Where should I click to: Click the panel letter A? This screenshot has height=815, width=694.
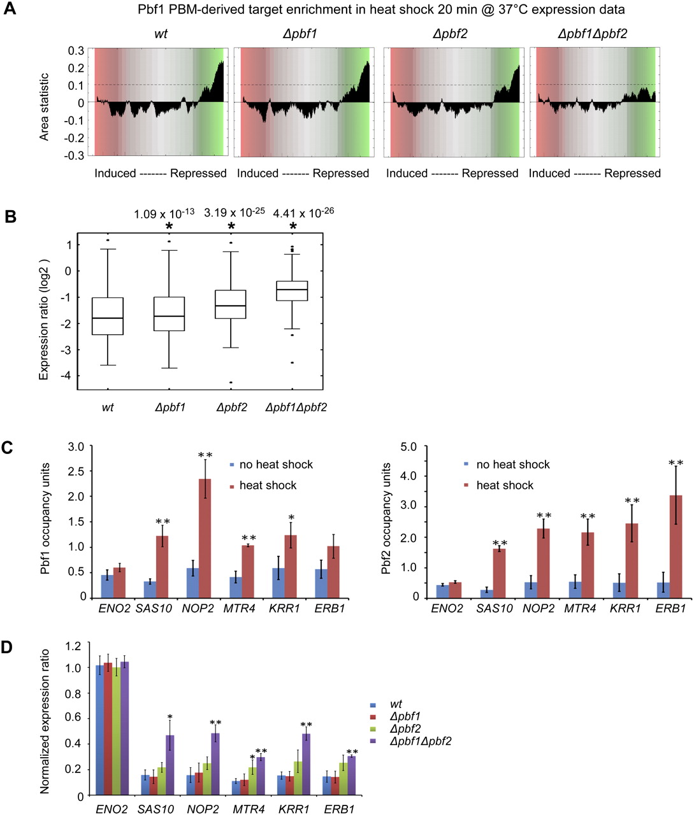(10, 10)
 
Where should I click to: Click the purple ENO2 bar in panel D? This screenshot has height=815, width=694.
(125, 728)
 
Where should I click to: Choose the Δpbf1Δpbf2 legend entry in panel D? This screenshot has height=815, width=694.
(420, 741)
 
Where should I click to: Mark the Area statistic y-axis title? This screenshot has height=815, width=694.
(44, 102)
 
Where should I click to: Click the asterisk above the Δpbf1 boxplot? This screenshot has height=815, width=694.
(169, 227)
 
